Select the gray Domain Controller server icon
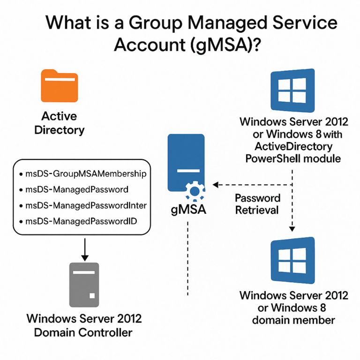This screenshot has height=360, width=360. point(84,284)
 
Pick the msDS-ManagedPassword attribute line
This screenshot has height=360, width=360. point(77,190)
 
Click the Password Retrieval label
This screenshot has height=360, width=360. point(257,204)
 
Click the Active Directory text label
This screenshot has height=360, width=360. point(59,123)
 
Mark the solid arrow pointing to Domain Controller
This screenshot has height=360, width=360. point(84,255)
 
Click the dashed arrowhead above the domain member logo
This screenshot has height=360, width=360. point(292,229)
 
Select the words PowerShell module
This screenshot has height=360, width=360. point(293,158)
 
